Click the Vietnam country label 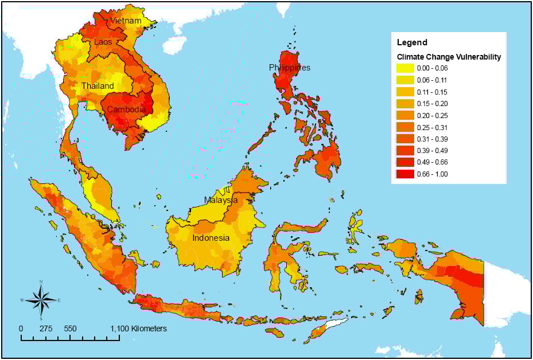[126, 21]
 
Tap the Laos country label [103, 42]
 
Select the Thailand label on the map [97, 86]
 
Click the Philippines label [290, 68]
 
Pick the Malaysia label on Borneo [221, 200]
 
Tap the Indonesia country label [211, 238]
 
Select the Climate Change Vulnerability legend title [449, 57]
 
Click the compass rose [41, 300]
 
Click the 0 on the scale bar [21, 329]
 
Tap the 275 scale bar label [46, 329]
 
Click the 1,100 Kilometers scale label [138, 329]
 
